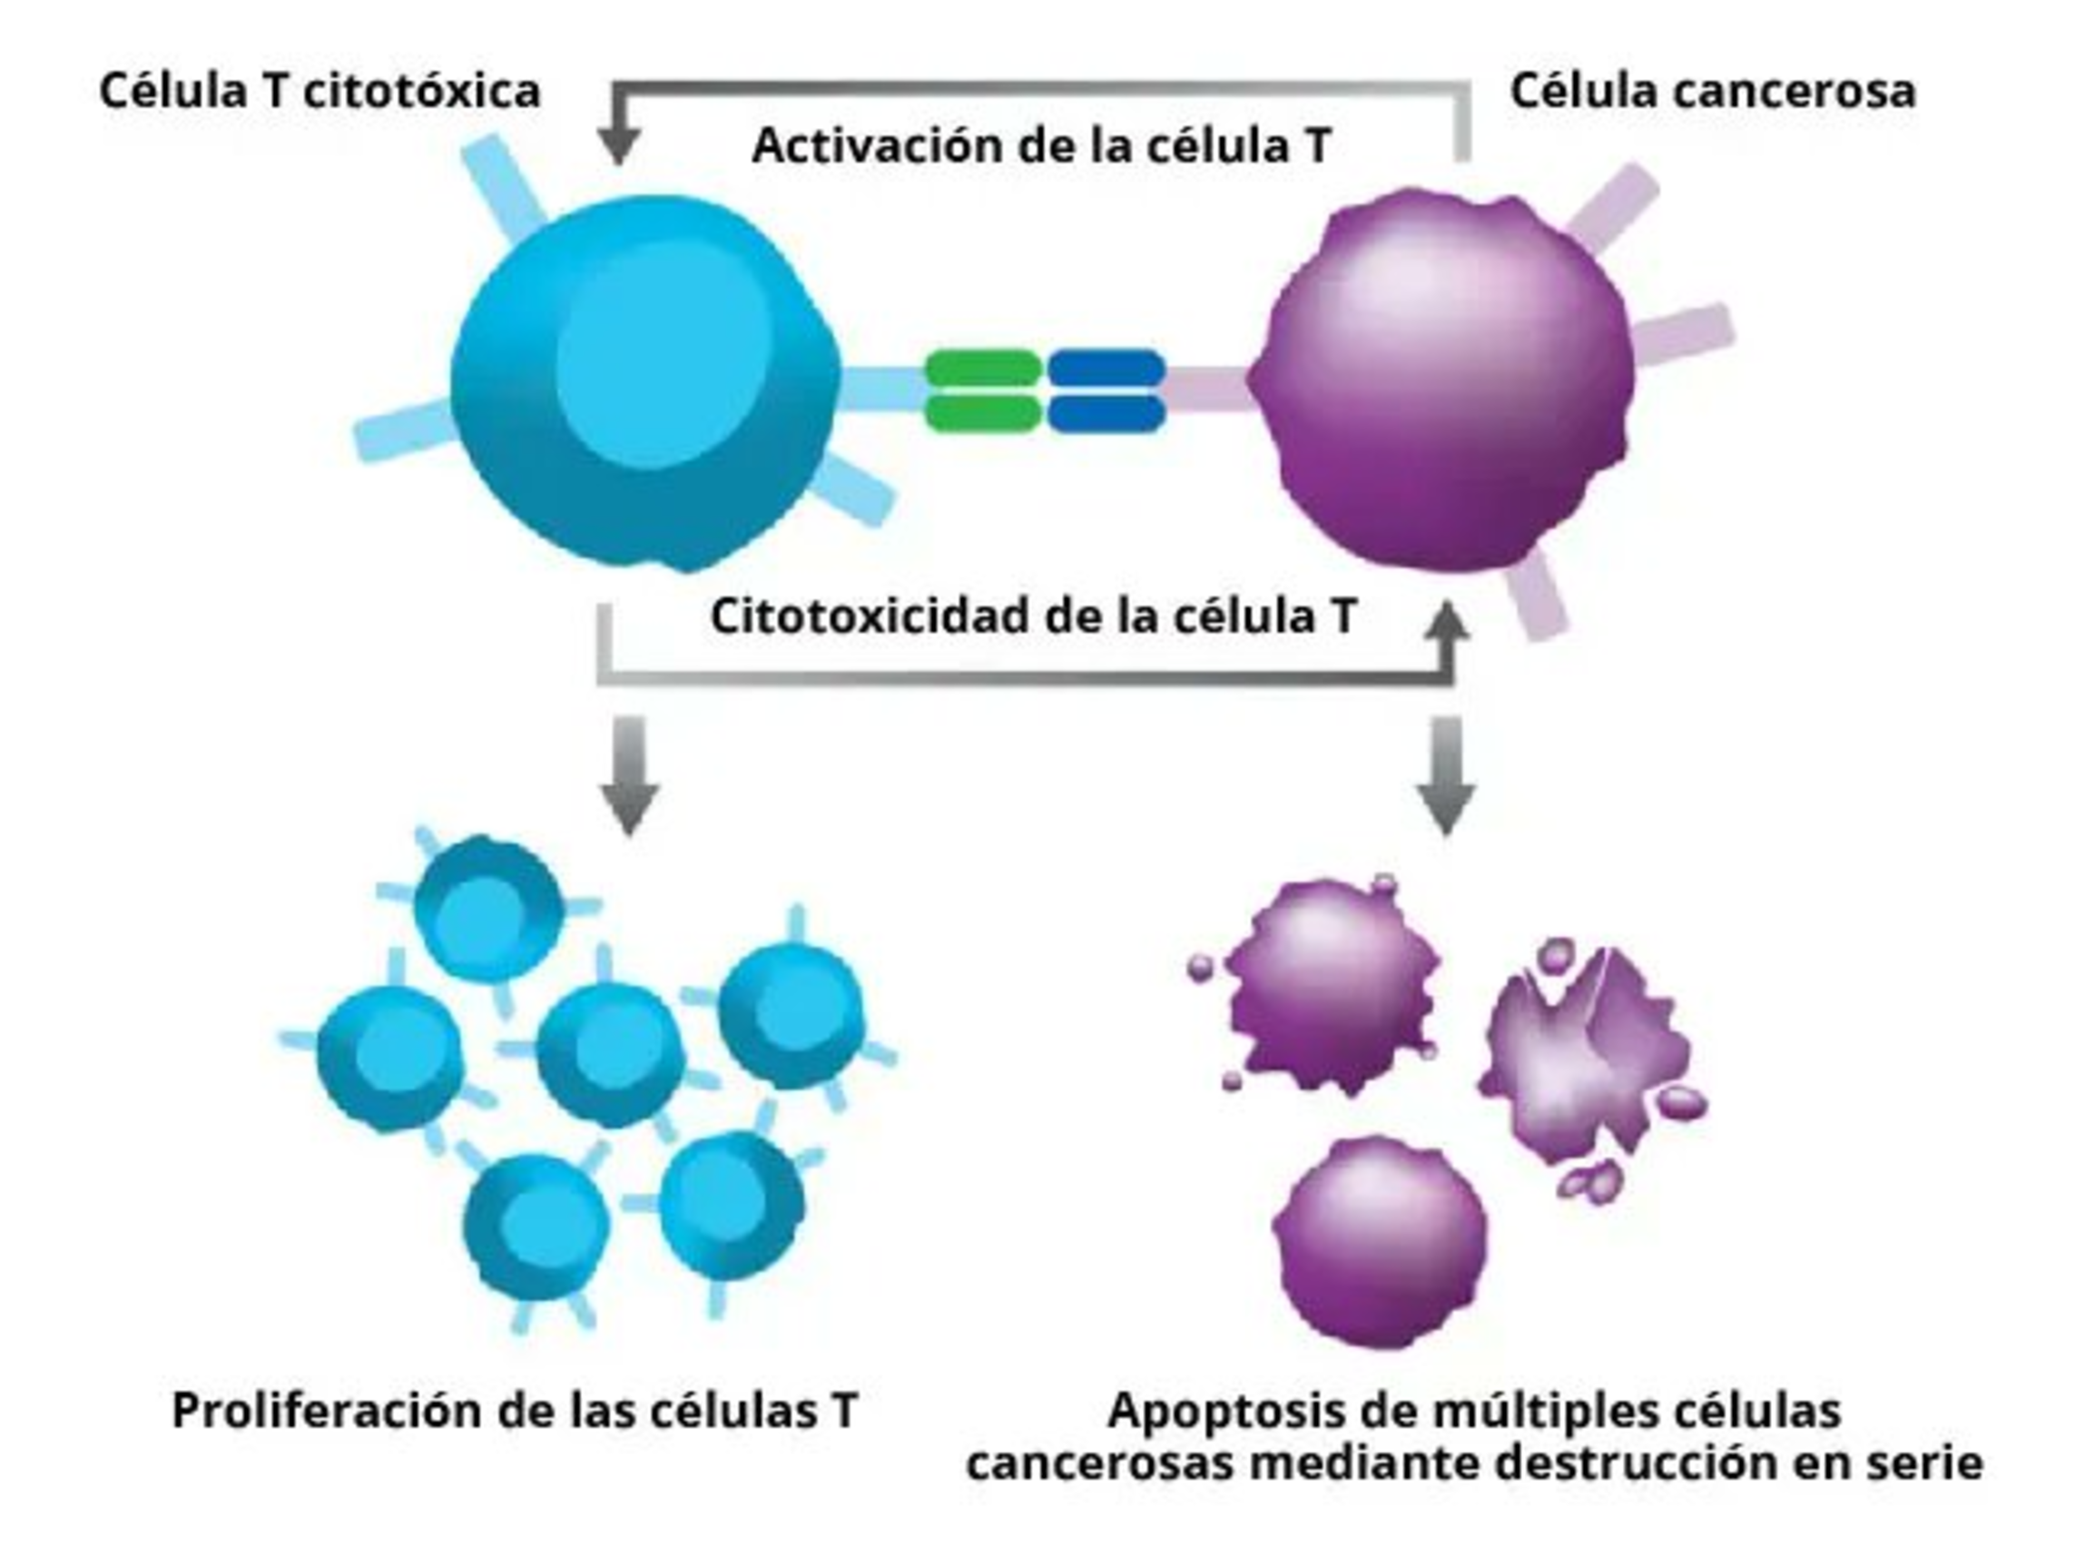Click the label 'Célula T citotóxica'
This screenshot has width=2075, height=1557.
(x=320, y=92)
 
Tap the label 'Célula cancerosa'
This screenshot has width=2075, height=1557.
(x=1712, y=92)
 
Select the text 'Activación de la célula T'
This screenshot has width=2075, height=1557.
(x=1041, y=145)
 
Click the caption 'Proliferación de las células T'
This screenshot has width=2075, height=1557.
(x=515, y=1411)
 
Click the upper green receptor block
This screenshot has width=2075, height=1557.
(x=982, y=368)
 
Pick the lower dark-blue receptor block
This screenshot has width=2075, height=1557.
(x=1106, y=413)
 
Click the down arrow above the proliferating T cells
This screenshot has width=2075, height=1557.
(x=629, y=779)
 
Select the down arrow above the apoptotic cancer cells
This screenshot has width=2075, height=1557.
(x=1446, y=779)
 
